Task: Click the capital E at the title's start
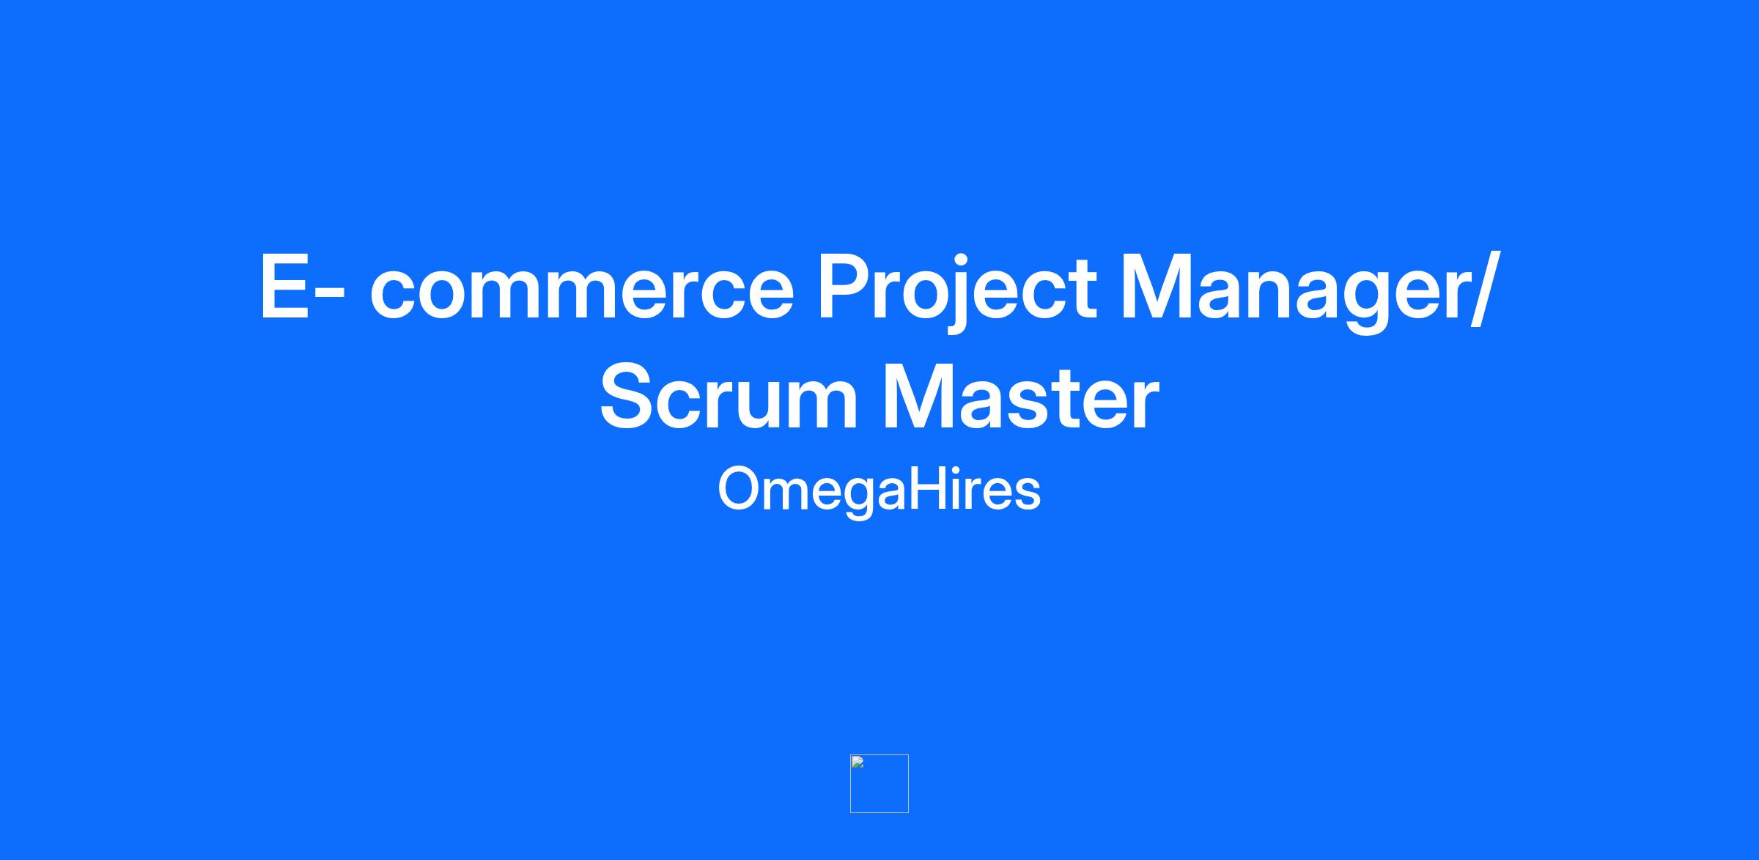[284, 287]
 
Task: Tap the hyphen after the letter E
[332, 296]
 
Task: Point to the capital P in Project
[844, 287]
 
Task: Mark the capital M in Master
[919, 397]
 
